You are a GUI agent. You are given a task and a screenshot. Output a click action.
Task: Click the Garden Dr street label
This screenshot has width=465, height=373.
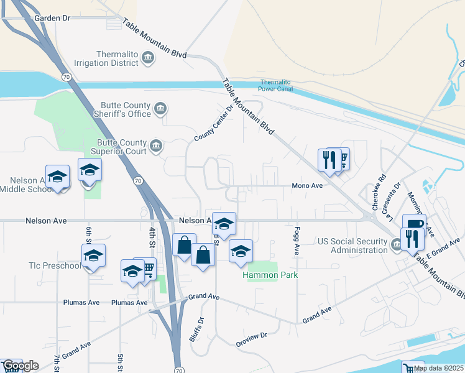pyautogui.click(x=53, y=18)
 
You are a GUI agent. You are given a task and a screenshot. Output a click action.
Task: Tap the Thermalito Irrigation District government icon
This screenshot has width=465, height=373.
pyautogui.click(x=148, y=58)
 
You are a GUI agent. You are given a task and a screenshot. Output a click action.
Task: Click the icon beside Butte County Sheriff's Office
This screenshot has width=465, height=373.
pyautogui.click(x=160, y=109)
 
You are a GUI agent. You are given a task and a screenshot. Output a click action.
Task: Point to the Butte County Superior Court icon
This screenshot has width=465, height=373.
pyautogui.click(x=155, y=147)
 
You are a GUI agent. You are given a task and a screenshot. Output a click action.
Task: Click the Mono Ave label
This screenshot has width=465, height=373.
pyautogui.click(x=307, y=185)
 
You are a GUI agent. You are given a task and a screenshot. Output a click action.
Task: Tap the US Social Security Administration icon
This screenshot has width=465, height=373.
pyautogui.click(x=397, y=246)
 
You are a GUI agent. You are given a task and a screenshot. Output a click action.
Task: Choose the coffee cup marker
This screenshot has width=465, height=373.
pyautogui.click(x=413, y=224)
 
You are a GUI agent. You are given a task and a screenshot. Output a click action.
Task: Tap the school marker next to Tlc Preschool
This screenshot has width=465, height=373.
pyautogui.click(x=93, y=256)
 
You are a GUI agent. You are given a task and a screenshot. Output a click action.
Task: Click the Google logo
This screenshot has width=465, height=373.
pyautogui.click(x=20, y=366)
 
